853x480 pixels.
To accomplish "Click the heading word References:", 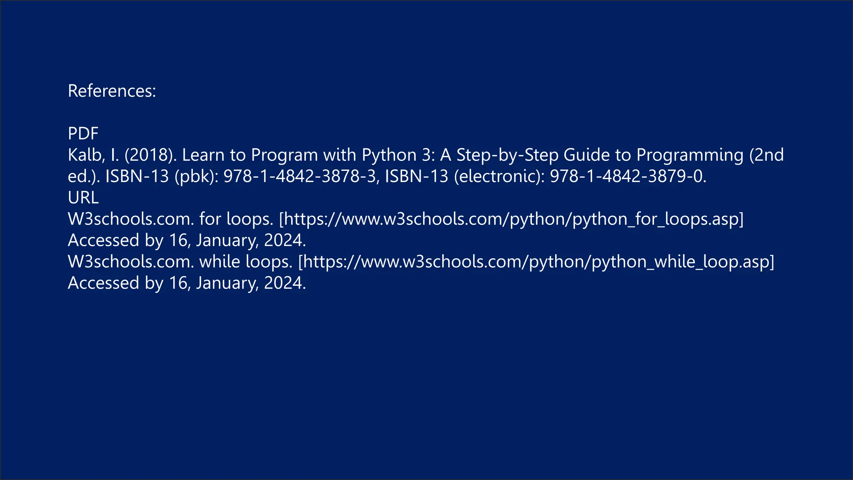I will click(112, 91).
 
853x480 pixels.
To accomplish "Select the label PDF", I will click(83, 134).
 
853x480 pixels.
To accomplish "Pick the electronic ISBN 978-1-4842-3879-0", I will click(628, 176).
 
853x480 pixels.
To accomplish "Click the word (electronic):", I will click(499, 176).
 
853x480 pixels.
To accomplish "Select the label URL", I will click(83, 197).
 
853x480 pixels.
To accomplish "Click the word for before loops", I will click(210, 219).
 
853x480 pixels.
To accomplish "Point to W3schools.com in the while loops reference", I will click(131, 262).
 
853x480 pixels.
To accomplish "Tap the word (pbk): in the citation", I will click(197, 176).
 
